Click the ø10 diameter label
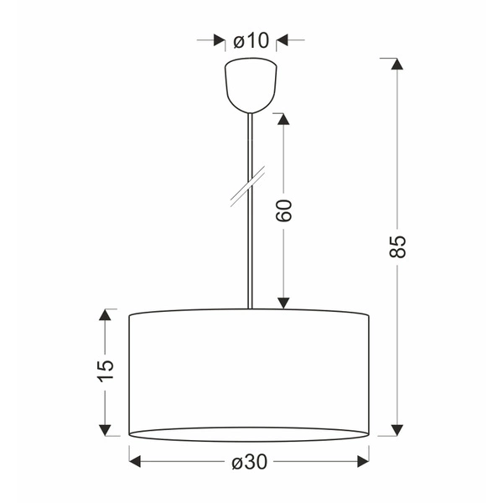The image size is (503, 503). pos(251,40)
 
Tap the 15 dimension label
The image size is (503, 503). pos(105,370)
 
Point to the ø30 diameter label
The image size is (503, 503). pos(249,461)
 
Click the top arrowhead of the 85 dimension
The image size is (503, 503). pos(397,65)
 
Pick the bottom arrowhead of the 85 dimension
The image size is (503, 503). pos(397,429)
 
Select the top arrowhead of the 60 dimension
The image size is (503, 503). pos(283,119)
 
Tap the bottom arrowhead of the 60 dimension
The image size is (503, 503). pos(283,303)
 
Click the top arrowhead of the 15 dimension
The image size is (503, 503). pos(105,315)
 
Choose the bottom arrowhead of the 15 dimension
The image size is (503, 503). pos(105,429)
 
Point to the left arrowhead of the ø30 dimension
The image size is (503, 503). pos(135,461)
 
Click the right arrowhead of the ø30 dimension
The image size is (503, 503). pos(363,461)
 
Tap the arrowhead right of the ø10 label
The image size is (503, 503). pos(283,40)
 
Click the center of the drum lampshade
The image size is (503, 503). pos(249,373)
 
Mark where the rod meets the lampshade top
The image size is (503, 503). pos(249,309)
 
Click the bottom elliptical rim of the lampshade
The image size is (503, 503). pos(249,439)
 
